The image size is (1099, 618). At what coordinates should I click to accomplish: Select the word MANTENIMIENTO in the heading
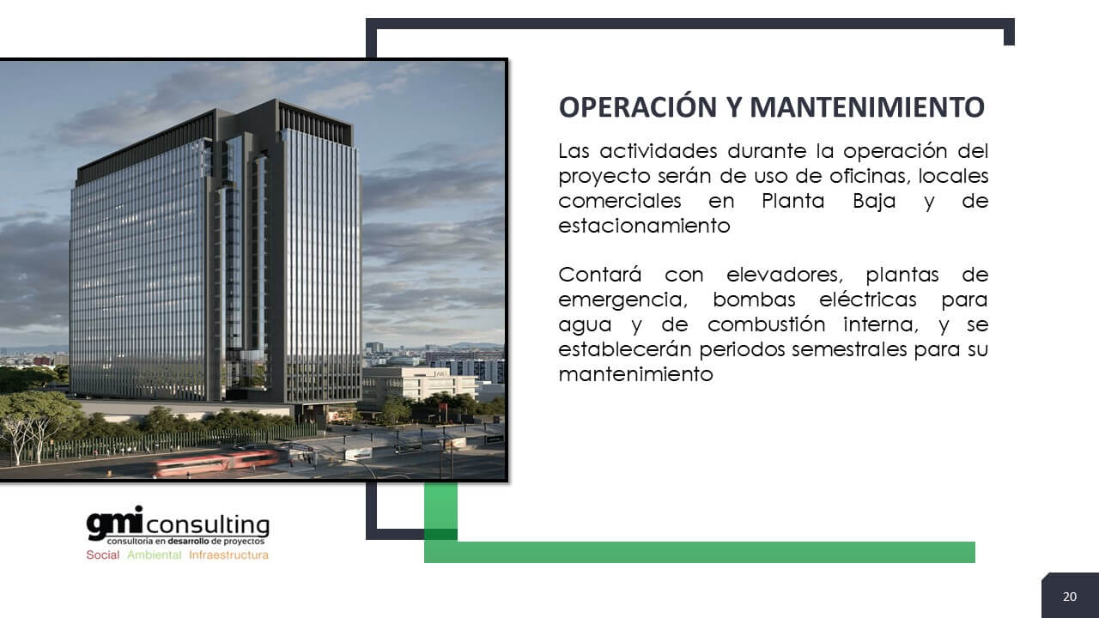tap(867, 107)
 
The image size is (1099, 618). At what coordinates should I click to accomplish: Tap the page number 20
tap(1070, 597)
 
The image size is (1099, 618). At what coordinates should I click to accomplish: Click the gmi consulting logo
tap(178, 524)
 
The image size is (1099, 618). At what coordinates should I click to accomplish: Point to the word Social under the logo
tap(102, 554)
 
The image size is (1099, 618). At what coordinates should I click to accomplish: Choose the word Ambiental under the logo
tap(154, 554)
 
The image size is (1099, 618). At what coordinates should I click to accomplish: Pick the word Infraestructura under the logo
tap(228, 554)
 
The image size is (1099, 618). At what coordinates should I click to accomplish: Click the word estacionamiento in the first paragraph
tap(644, 226)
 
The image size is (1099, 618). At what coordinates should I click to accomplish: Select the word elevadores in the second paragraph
tap(785, 275)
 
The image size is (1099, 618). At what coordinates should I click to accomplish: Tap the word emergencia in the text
tap(623, 300)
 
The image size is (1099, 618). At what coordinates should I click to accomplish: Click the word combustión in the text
tap(767, 324)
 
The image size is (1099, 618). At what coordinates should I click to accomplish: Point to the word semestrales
tap(849, 349)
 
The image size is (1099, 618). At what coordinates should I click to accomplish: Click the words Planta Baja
tap(829, 201)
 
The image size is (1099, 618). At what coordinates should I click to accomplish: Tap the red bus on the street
tap(216, 463)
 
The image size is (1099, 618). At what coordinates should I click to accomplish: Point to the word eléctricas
tap(867, 300)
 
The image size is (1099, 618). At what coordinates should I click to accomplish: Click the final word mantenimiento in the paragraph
tap(636, 374)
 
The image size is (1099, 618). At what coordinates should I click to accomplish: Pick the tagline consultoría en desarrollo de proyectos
tap(185, 542)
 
